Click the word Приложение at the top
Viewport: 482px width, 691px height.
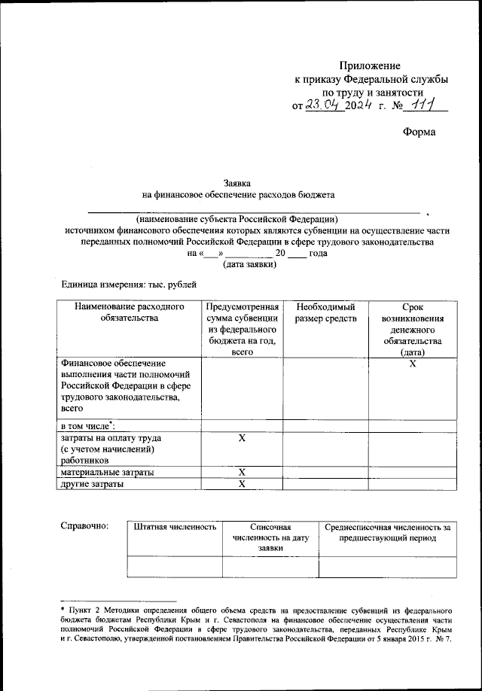370,66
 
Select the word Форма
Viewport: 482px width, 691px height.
419,132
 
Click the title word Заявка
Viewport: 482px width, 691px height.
238,182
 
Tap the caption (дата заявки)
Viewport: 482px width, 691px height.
249,264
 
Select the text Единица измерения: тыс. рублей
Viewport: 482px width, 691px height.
128,285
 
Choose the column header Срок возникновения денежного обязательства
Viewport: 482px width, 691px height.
412,329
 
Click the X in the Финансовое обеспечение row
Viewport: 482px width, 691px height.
412,364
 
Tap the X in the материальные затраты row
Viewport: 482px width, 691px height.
242,472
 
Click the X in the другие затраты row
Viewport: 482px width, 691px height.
242,484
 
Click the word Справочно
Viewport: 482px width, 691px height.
84,526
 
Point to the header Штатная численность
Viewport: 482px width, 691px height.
175,528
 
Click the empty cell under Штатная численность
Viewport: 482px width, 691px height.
175,567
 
